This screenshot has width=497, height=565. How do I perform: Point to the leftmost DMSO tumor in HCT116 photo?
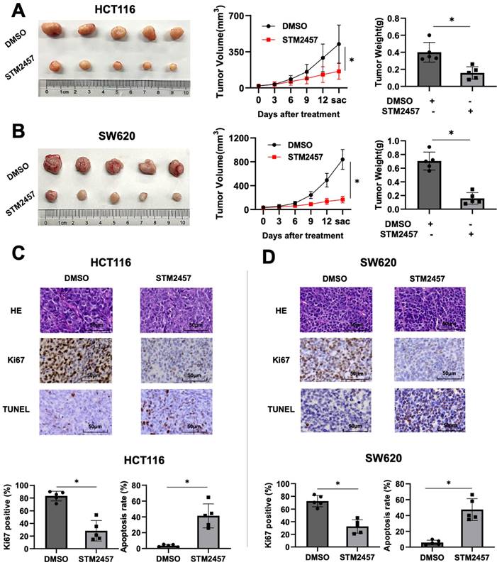[52, 29]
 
